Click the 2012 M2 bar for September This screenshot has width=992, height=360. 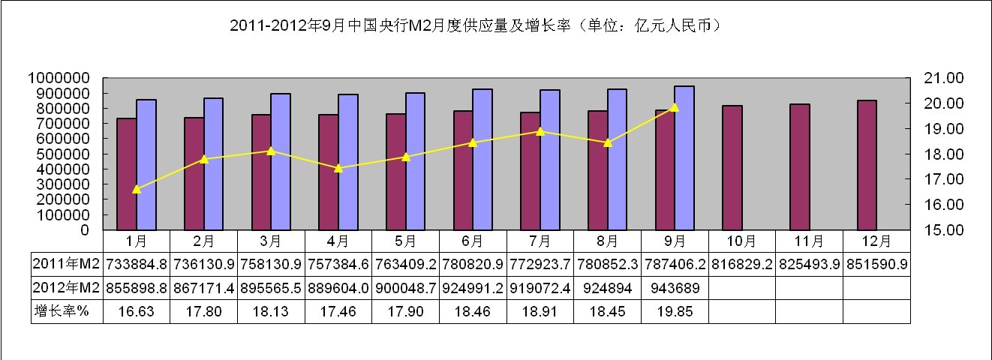pos(684,158)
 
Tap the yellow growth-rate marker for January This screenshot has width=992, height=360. pos(137,189)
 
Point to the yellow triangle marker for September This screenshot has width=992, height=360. pos(674,107)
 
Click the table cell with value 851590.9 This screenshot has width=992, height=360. pos(876,265)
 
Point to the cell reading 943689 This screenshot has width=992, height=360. pos(675,289)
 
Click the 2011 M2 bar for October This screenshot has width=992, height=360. pos(732,168)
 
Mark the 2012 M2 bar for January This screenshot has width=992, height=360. pos(146,164)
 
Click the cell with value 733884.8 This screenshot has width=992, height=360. pos(137,265)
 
